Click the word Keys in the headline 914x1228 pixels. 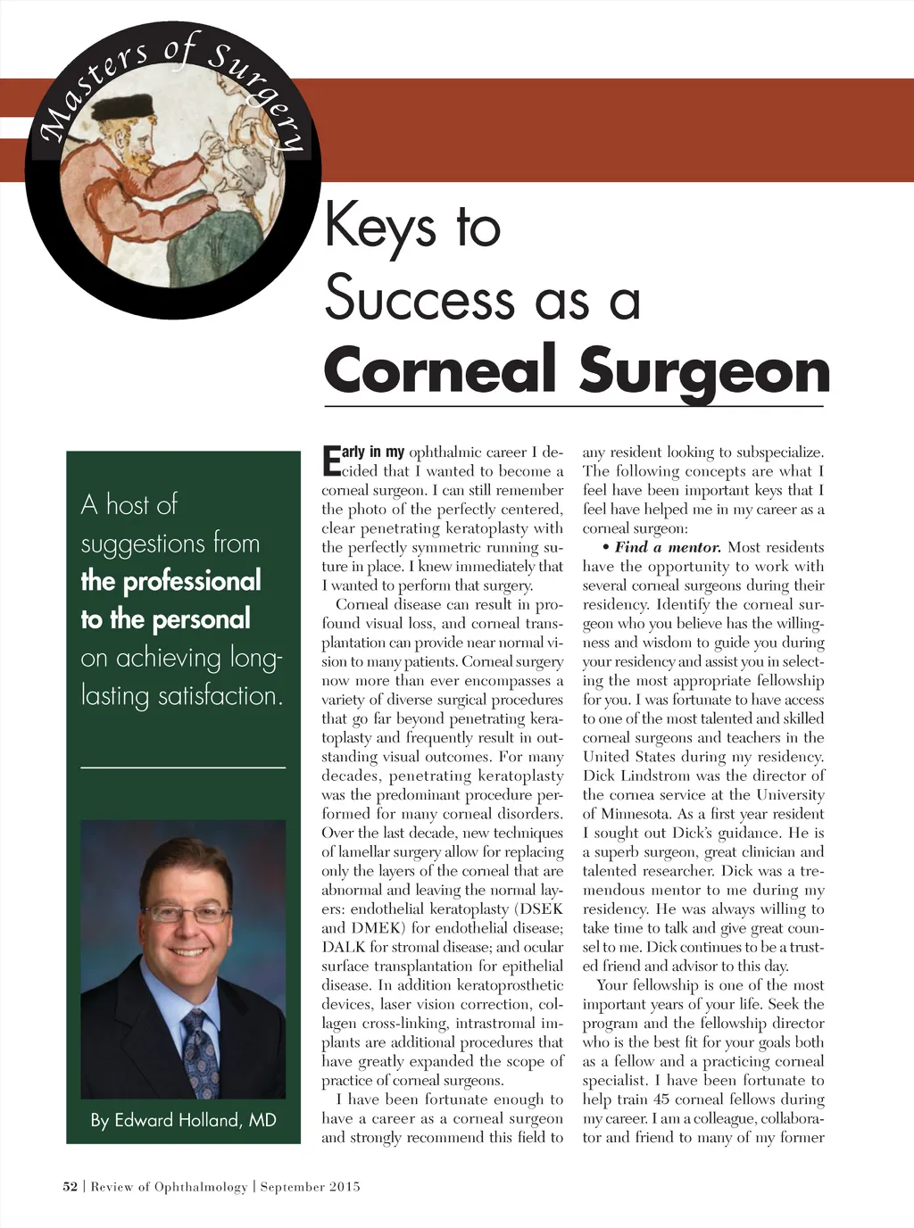coord(380,227)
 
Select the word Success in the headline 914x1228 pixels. coord(419,297)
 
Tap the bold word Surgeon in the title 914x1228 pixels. coord(704,370)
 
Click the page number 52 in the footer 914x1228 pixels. coord(70,1186)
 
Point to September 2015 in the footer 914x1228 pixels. coord(310,1186)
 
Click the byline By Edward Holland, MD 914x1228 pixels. coord(183,1120)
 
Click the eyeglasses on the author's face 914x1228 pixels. coord(187,912)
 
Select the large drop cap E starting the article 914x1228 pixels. coord(330,460)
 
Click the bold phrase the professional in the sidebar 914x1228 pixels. coord(170,581)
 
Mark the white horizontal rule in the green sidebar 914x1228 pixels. coord(183,767)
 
